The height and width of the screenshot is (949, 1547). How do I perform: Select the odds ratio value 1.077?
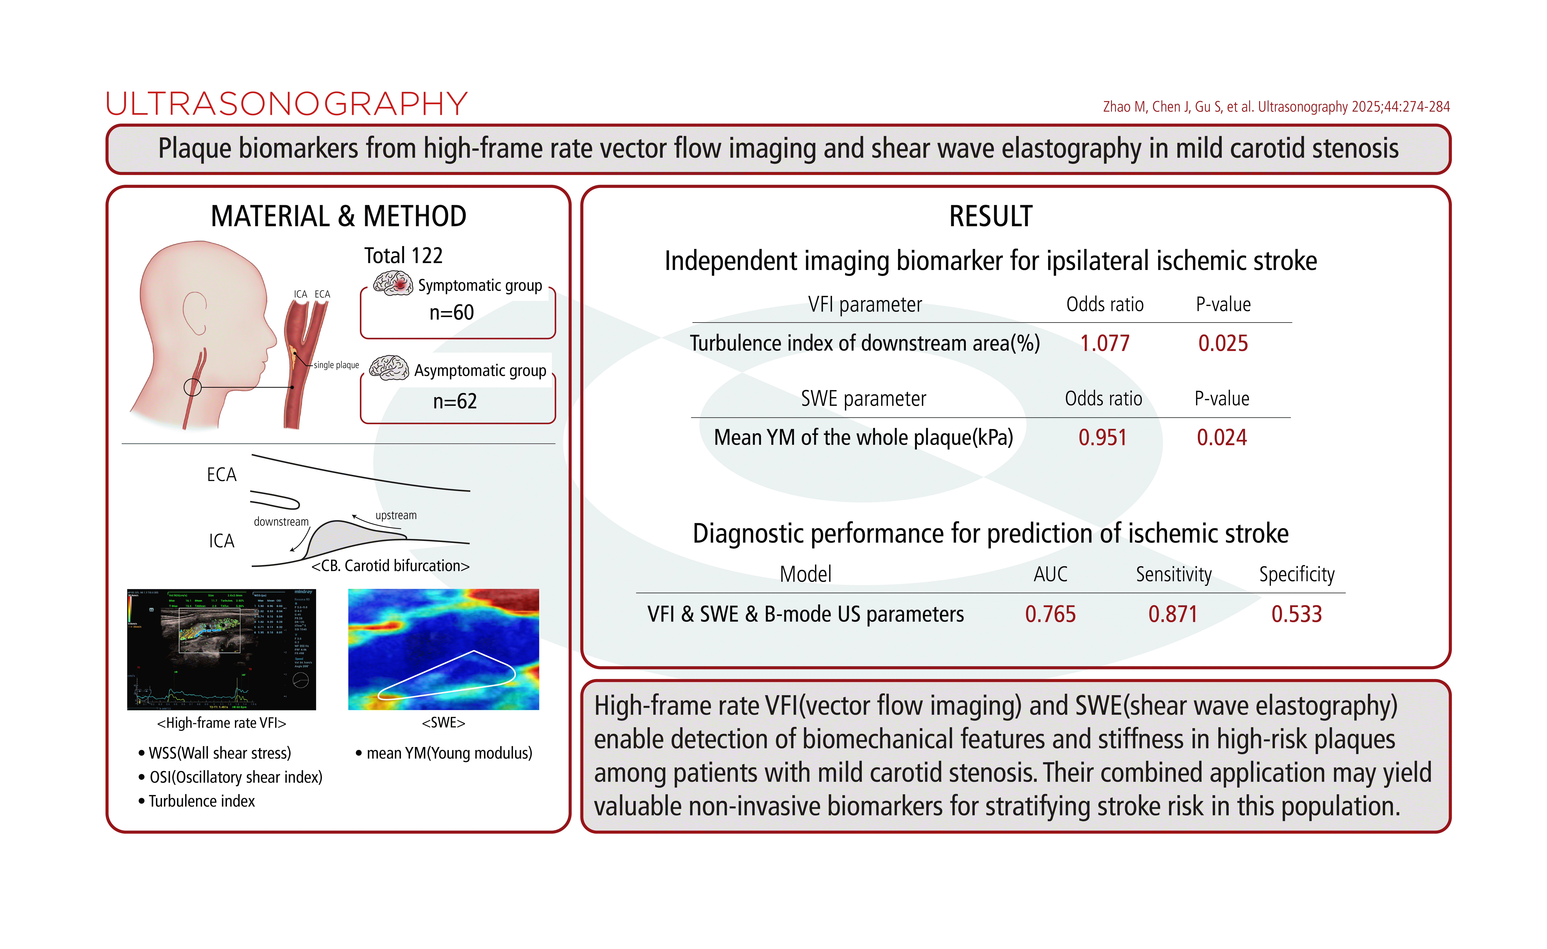1104,343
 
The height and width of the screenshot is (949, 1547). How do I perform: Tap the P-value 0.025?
1222,343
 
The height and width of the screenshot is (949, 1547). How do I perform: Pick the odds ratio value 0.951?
1103,438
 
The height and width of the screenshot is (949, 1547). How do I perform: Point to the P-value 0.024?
1221,438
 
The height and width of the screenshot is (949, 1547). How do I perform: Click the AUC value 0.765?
1050,614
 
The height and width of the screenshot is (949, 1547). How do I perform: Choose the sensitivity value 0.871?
1172,614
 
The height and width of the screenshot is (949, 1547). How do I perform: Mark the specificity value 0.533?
1296,614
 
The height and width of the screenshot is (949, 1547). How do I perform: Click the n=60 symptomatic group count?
451,313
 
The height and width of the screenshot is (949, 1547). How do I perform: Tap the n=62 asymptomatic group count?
455,401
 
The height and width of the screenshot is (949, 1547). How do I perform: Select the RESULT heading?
990,217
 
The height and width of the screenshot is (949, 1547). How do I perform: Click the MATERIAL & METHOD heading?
338,217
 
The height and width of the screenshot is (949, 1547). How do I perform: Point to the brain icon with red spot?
393,284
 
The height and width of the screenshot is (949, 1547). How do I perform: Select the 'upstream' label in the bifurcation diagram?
396,515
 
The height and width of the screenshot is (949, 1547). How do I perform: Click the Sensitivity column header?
1173,574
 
